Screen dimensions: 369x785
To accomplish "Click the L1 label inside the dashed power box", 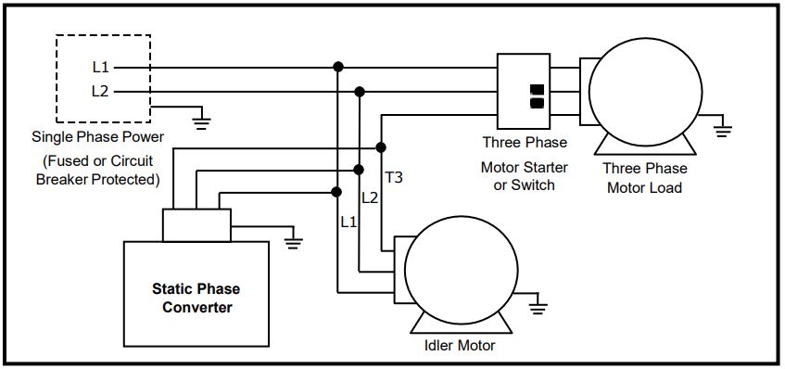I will [100, 68].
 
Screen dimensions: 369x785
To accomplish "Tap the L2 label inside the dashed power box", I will [100, 91].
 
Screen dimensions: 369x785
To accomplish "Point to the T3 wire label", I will [394, 176].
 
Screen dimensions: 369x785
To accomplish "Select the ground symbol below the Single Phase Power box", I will [201, 119].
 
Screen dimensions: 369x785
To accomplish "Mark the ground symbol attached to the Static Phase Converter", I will [294, 242].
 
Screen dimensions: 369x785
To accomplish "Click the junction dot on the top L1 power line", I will [338, 67].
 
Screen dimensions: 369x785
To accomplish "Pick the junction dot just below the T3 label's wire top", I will [381, 147].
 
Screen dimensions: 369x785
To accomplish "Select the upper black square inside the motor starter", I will [537, 90].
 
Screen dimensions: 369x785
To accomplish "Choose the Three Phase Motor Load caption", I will [644, 178].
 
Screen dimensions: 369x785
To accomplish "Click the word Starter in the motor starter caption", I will [543, 168].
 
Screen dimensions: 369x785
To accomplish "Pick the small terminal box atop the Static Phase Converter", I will [196, 224].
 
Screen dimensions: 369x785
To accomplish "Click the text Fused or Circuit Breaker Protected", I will [96, 171].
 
